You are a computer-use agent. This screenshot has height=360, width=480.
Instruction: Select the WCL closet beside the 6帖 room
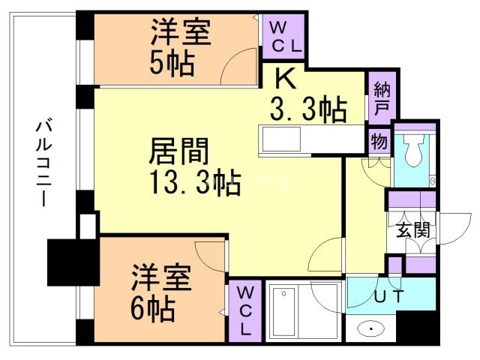(x=245, y=310)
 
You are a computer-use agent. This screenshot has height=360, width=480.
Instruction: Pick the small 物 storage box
(x=378, y=139)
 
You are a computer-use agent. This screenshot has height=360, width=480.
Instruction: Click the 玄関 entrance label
(x=412, y=229)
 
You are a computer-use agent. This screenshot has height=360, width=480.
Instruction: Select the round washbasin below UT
(x=371, y=328)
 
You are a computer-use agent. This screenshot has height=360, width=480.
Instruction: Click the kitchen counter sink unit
(x=280, y=140)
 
